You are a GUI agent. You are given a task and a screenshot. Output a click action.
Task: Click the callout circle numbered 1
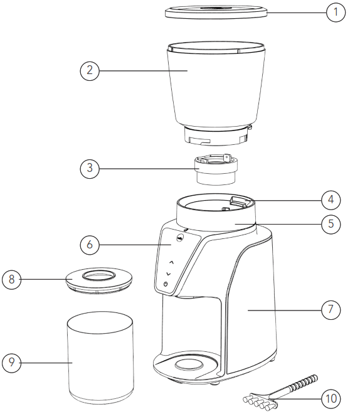[x=336, y=12]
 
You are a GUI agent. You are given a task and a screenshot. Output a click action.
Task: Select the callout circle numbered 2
[x=90, y=70]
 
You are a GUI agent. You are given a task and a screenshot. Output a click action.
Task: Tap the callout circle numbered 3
[x=90, y=168]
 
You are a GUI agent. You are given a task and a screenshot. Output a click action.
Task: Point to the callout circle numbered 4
[x=331, y=200]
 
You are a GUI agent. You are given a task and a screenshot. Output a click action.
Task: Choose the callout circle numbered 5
[x=331, y=223]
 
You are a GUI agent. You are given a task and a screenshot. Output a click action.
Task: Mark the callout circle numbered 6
[x=90, y=244]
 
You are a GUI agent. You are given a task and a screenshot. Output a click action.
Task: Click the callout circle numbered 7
[x=331, y=309]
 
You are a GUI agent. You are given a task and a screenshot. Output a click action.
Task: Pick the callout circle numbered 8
[x=11, y=280]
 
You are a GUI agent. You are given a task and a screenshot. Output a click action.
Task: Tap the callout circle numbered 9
[x=11, y=362]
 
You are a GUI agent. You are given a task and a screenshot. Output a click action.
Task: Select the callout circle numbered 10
[x=331, y=398]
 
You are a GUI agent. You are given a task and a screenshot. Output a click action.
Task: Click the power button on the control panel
[x=166, y=284]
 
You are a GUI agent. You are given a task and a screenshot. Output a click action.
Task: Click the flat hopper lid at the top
[x=216, y=11]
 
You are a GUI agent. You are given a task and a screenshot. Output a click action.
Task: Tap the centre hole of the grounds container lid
[x=100, y=274]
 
